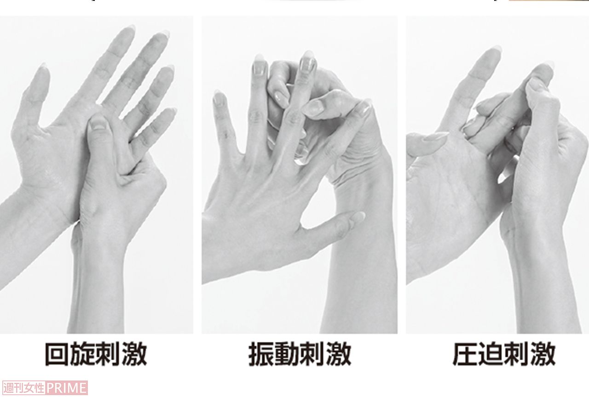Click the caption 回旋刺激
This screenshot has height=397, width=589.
[x=96, y=354]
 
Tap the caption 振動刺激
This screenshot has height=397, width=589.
[x=300, y=354]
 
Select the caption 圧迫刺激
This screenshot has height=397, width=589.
[x=504, y=354]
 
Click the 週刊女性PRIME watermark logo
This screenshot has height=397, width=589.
[x=45, y=387]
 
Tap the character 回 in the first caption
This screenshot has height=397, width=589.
[x=58, y=354]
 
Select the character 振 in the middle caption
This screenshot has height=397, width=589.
[x=261, y=354]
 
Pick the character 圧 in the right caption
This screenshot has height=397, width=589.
[x=466, y=354]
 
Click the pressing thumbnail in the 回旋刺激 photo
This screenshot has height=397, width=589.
[x=98, y=123]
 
